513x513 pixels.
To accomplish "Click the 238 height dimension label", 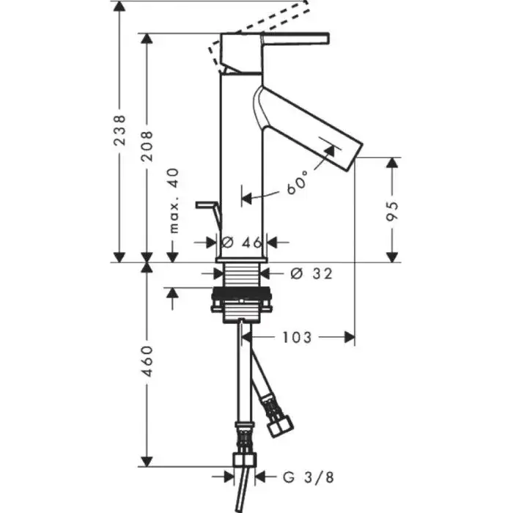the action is pos(119,130).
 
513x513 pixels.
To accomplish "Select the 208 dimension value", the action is pos(147,146).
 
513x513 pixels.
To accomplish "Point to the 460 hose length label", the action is pos(147,361).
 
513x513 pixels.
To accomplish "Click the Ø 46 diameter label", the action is pos(242,243).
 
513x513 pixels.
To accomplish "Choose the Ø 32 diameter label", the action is pos(311,273).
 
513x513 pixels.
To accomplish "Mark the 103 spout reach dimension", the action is pos(297,337).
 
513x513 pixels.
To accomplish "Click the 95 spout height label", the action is pos(392,211).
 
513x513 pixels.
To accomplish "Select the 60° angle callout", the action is pos(298,182).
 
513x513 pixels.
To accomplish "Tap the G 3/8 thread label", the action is pos(309,477).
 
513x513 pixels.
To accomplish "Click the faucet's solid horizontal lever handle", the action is pos(295,38).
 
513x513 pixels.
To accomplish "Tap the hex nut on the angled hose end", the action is pos(281,426).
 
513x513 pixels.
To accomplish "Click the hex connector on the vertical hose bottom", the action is pos(244,460).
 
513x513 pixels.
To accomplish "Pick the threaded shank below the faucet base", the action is pos(242,275).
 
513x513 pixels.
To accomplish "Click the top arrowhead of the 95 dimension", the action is pos(392,163).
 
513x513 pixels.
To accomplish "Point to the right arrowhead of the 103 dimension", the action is pos(349,337).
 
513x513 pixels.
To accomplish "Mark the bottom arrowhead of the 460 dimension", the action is pos(147,461).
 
